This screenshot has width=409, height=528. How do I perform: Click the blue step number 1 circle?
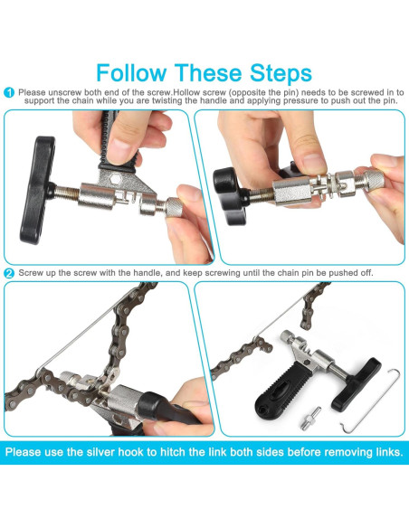click(8, 93)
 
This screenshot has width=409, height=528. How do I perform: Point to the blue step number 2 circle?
click(8, 272)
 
